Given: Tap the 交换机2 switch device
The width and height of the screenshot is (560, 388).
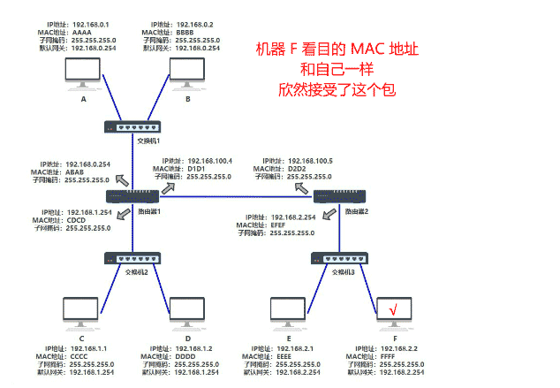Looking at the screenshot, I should pyautogui.click(x=132, y=258).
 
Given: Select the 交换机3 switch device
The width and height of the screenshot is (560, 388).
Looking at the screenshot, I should pyautogui.click(x=337, y=258).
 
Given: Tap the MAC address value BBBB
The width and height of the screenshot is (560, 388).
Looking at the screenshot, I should pyautogui.click(x=185, y=32).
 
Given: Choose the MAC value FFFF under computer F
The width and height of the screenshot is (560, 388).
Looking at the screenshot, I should pyautogui.click(x=387, y=355).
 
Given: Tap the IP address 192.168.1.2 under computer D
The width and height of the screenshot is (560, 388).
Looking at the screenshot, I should pyautogui.click(x=192, y=347).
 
